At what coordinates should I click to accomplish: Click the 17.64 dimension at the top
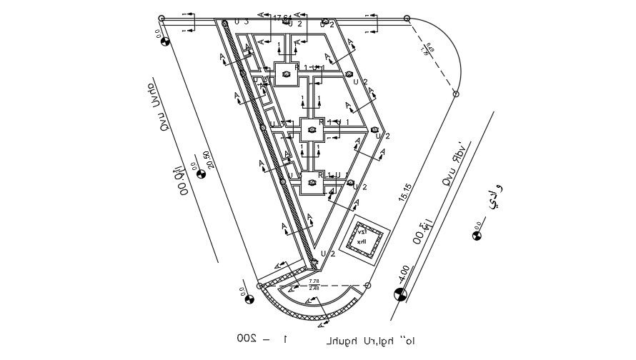click(282, 17)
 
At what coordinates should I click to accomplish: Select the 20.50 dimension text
click(207, 160)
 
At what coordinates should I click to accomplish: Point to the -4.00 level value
click(404, 273)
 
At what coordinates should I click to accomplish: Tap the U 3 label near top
click(241, 21)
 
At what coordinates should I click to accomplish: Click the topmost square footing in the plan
click(287, 73)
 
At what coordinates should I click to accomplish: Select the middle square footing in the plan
click(312, 129)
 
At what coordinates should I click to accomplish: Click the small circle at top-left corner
click(162, 18)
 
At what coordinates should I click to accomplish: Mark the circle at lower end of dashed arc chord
click(456, 93)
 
